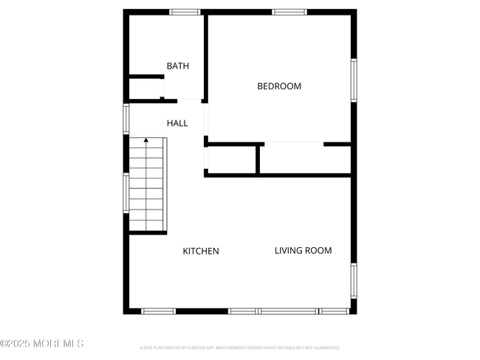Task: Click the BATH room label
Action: coord(177,66)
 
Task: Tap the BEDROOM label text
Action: coord(279,86)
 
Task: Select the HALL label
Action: coord(177,123)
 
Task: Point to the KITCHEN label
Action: coord(201,251)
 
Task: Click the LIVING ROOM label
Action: coord(303,251)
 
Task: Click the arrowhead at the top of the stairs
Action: coord(146,139)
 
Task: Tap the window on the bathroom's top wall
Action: coord(185,12)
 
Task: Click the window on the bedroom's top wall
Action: coord(289,12)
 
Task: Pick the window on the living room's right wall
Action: coord(354,280)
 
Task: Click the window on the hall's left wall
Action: coord(126,119)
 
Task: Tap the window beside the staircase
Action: coord(126,193)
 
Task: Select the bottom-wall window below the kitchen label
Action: coord(158,311)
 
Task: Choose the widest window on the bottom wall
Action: coord(288,311)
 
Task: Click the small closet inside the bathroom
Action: coord(145,87)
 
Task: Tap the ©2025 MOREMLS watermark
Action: coord(42,344)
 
